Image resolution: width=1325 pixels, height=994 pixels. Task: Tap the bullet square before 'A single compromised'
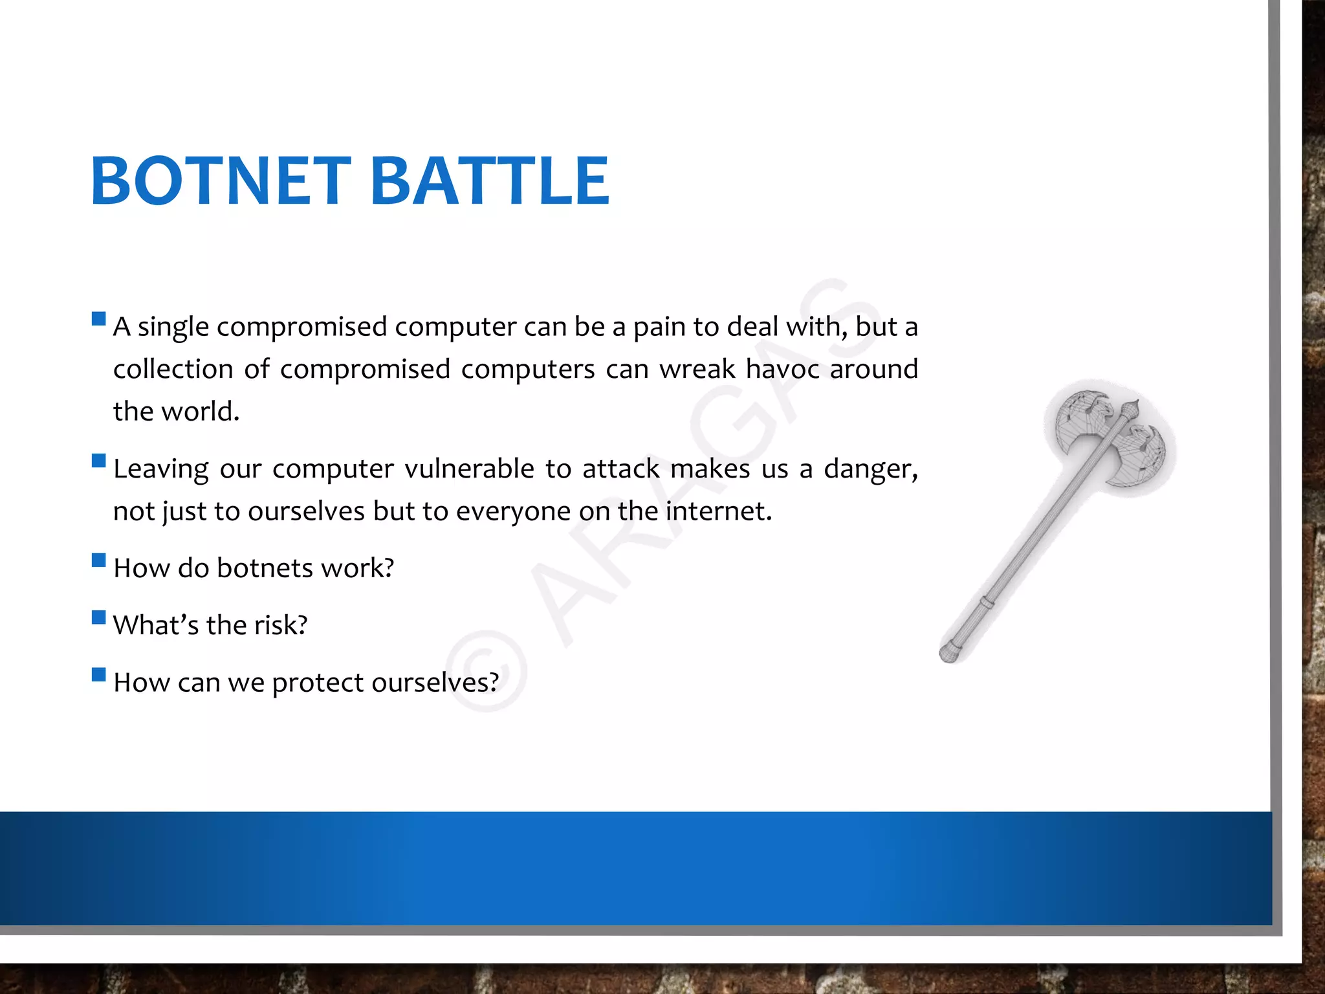pos(99,318)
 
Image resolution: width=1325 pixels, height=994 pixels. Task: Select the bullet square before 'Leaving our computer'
pos(99,461)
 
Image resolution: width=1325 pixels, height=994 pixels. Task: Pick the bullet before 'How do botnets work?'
pos(99,560)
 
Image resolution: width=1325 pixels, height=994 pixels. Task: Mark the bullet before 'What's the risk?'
pos(99,617)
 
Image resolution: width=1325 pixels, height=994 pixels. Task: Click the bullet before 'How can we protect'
pos(99,674)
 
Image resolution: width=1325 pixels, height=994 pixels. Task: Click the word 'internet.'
pos(719,511)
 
